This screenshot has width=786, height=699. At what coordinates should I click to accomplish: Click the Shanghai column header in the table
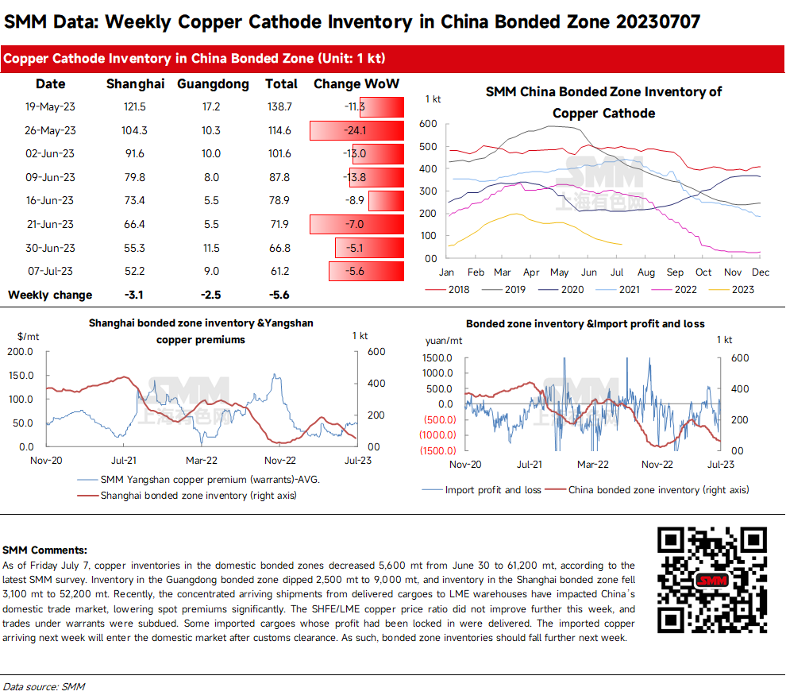pos(135,83)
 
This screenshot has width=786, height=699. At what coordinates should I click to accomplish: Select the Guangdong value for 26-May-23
pos(210,130)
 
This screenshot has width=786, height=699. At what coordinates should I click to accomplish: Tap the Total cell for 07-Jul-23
pos(280,272)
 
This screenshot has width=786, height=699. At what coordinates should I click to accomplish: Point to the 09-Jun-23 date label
pos(50,177)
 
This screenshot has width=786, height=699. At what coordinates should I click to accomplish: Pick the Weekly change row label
pos(50,295)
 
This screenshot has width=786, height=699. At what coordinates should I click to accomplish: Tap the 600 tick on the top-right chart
pos(429,124)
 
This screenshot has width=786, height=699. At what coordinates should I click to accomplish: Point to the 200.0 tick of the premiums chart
pos(19,352)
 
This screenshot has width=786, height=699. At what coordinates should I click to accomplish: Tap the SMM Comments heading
pos(45,550)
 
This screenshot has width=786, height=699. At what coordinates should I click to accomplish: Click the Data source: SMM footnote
pos(44,686)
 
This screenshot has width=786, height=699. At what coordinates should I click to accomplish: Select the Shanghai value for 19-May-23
pos(135,106)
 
